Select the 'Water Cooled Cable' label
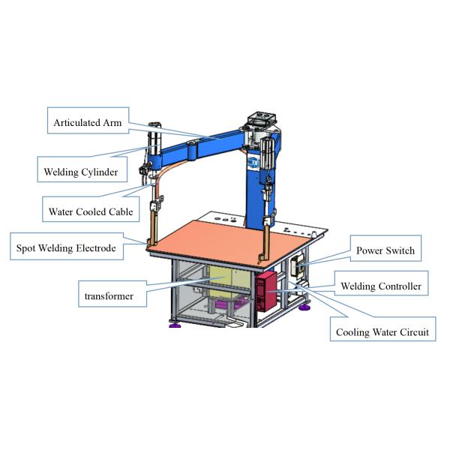click(x=91, y=211)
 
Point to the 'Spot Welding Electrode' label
click(x=67, y=247)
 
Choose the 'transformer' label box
click(x=109, y=295)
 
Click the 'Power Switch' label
click(x=385, y=250)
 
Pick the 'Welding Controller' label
click(x=381, y=286)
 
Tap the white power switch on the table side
click(x=295, y=262)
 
